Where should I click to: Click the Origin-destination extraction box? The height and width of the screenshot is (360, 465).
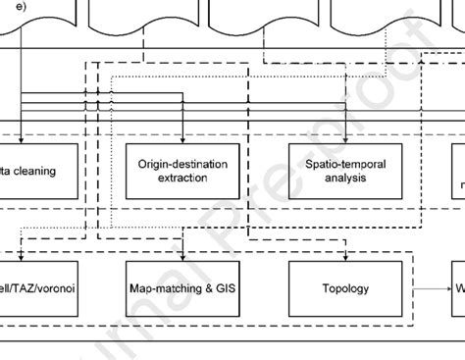click(x=182, y=172)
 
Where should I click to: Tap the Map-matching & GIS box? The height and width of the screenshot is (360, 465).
click(x=182, y=289)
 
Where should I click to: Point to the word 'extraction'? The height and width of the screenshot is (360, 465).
click(x=182, y=180)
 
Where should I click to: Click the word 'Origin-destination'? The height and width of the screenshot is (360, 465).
click(x=182, y=165)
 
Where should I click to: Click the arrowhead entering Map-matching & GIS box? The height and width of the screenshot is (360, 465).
click(x=182, y=257)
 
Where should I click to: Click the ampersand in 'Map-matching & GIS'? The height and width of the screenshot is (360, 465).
click(x=202, y=289)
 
